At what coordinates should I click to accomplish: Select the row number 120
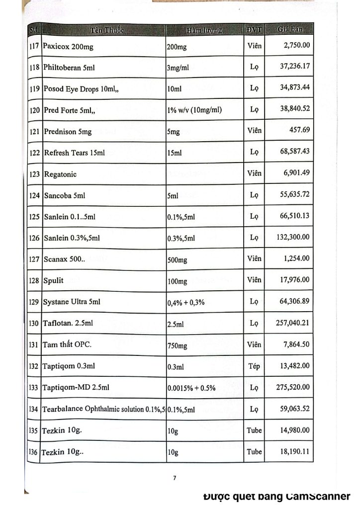(x=34, y=110)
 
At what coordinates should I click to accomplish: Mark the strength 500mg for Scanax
(x=178, y=259)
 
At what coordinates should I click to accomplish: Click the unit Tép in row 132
(x=254, y=366)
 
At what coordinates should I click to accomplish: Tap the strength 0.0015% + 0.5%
(x=191, y=388)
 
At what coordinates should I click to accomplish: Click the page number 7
(x=175, y=478)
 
